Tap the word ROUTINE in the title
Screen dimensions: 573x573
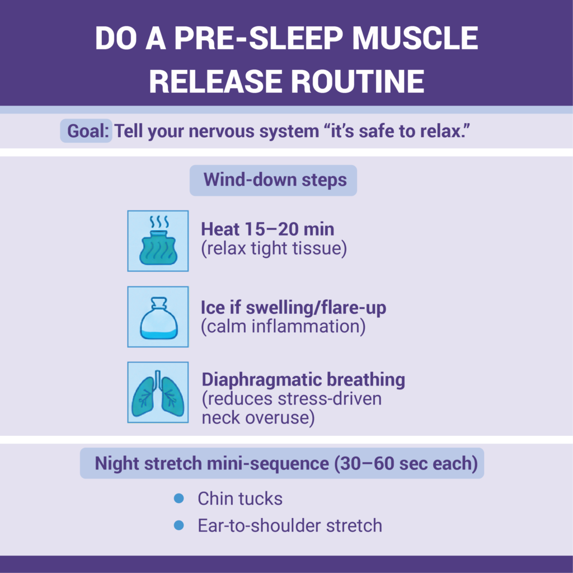coord(352,81)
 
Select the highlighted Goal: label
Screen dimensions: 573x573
coord(87,131)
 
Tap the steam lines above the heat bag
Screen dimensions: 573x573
coord(158,222)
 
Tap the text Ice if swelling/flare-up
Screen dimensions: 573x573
coord(293,308)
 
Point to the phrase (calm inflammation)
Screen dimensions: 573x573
coord(283,327)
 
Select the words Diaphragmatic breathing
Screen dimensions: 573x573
coord(303,379)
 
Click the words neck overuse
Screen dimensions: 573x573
coord(257,417)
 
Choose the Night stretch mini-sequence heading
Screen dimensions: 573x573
coord(282,463)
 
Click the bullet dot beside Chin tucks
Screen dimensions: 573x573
coord(179,498)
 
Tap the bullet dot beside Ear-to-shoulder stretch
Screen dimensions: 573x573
coord(179,525)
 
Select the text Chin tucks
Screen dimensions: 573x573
coord(240,499)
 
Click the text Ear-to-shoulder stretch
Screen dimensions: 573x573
coord(290,526)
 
